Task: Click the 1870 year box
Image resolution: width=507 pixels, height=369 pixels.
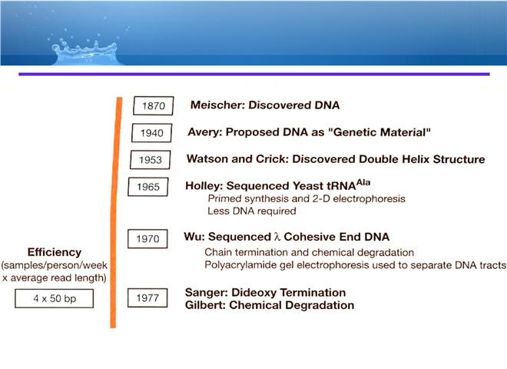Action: [x=154, y=105]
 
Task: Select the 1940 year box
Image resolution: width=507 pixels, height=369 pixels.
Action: [x=151, y=133]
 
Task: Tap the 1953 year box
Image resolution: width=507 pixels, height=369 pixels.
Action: [x=151, y=160]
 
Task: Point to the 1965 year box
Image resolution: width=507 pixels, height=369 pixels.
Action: [x=148, y=187]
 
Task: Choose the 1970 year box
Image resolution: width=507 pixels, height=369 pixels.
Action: [x=147, y=239]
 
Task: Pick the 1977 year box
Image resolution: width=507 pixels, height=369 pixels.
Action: [x=147, y=298]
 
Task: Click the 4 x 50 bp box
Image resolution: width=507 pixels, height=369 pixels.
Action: [x=55, y=298]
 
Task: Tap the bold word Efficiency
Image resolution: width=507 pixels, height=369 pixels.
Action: [x=55, y=252]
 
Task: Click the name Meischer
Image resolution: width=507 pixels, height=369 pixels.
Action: [x=217, y=105]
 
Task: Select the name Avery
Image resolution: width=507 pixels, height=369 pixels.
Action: [x=204, y=132]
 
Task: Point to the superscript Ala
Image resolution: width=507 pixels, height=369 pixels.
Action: [x=363, y=182]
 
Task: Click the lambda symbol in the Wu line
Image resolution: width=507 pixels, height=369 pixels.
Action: [x=277, y=237]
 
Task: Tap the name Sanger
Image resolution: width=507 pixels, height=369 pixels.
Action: [x=207, y=293]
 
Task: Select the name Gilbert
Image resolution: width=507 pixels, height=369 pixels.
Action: [x=205, y=305]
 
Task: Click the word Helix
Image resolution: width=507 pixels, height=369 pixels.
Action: [x=416, y=159]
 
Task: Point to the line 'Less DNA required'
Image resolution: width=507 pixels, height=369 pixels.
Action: [x=251, y=211]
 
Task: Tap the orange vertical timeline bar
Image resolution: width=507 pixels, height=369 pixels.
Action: [x=115, y=212]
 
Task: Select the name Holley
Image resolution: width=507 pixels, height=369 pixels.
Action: [x=204, y=186]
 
